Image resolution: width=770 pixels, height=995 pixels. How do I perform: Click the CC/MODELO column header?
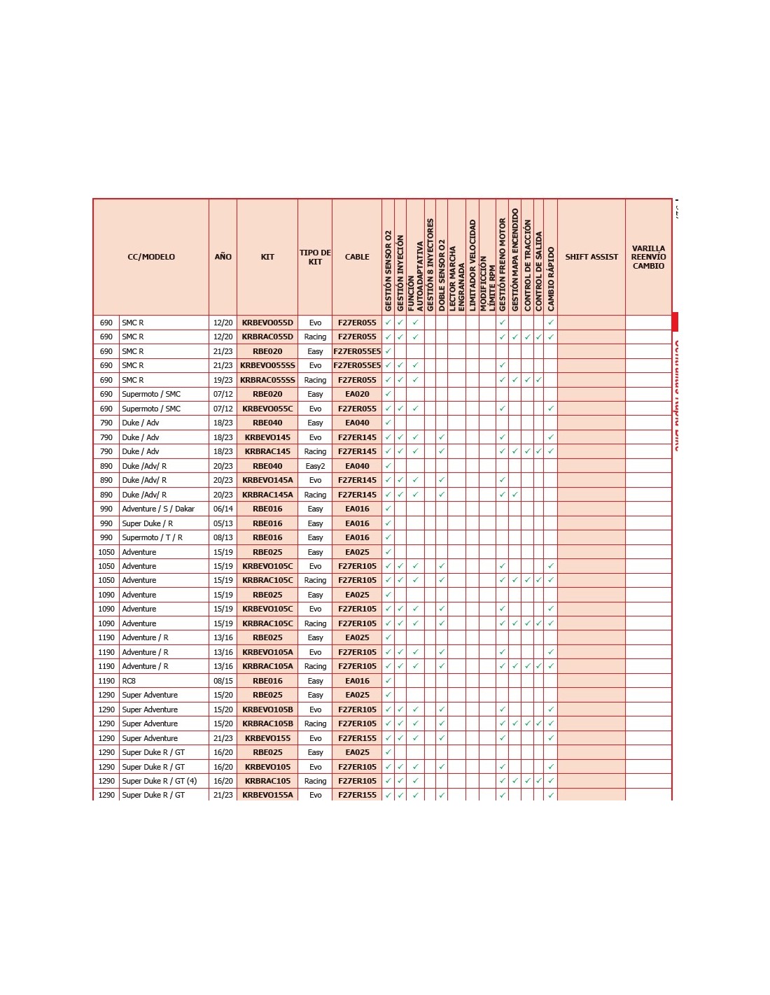coord(151,257)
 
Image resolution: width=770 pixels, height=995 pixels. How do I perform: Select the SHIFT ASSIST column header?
coord(591,257)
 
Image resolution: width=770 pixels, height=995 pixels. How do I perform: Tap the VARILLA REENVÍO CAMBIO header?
coord(648,257)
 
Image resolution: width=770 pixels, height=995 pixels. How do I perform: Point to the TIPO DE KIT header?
coord(315,257)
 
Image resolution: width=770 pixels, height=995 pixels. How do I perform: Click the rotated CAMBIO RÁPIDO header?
coord(551,278)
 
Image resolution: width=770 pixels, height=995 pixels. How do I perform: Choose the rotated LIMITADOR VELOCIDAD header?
coord(472,266)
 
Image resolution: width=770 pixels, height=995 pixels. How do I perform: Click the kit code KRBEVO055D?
coord(267,323)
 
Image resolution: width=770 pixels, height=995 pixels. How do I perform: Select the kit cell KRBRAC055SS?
coord(267,380)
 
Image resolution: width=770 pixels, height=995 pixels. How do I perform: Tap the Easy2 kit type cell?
coord(315,466)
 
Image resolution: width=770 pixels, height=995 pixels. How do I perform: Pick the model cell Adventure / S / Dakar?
coord(158,509)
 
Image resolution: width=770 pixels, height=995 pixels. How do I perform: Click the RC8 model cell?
coord(129,681)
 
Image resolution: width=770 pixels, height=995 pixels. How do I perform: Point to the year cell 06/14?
coord(223,509)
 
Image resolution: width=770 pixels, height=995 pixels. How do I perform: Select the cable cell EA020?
coord(357,394)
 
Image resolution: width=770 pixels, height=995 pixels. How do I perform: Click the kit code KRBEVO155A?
coord(267,795)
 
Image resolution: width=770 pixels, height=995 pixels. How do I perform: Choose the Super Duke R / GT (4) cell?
coord(160,781)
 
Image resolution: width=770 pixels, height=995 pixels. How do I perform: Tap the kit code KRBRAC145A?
coord(267,495)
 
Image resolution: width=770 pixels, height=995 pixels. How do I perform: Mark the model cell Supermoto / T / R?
coord(152,537)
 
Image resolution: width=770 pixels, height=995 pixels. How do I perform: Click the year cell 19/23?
coord(223,380)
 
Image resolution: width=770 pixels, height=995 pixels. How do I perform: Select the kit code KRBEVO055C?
coord(267,409)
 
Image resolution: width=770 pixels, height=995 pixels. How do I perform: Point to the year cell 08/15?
coord(223,681)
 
